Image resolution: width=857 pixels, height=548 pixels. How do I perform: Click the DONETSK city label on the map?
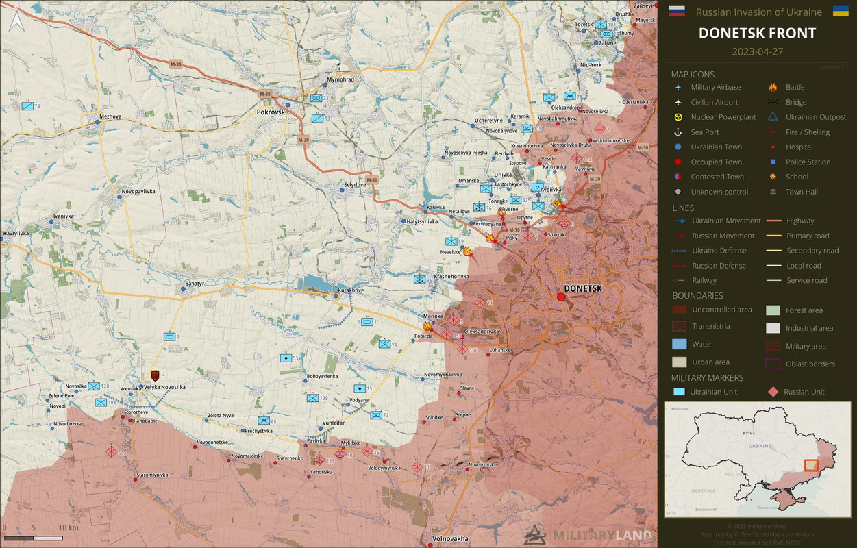[582, 288]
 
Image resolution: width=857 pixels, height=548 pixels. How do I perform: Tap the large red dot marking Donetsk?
[561, 297]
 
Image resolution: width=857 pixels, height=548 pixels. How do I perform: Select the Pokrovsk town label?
[271, 112]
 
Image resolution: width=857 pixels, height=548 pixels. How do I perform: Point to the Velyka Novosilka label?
[164, 387]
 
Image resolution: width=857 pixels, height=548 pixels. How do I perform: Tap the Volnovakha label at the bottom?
[450, 539]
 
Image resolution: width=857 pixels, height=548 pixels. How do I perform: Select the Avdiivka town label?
[551, 190]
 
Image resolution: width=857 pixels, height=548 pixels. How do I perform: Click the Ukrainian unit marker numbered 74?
[27, 106]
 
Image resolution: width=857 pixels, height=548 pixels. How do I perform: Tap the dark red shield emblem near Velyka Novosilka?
[156, 375]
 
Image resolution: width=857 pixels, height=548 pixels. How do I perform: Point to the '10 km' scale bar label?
[68, 528]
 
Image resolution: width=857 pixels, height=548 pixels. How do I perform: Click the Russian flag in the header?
[676, 11]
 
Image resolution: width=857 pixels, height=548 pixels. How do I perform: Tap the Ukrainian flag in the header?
[841, 11]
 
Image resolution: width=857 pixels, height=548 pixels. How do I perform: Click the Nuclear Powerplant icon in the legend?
[678, 117]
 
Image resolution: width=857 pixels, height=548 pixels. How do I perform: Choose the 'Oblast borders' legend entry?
[810, 364]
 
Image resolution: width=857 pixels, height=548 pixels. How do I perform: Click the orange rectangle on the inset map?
[810, 465]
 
